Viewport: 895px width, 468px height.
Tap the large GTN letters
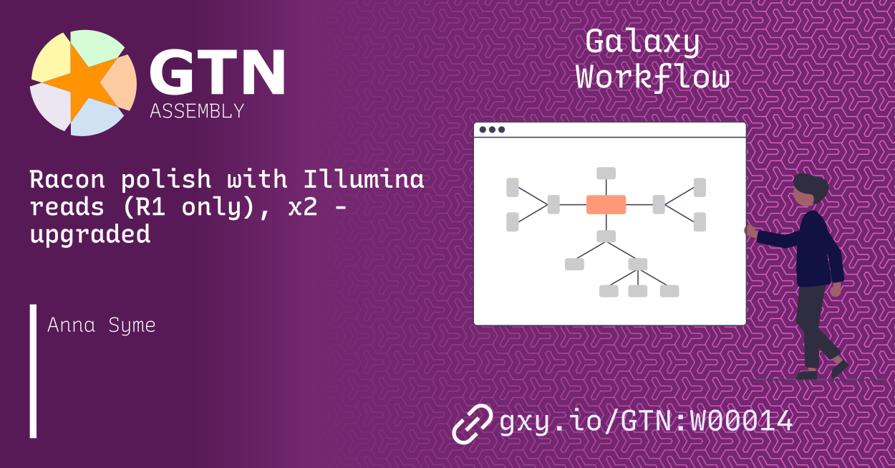click(217, 72)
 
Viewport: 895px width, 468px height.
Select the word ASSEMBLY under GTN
click(197, 111)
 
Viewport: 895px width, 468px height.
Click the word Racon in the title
click(67, 179)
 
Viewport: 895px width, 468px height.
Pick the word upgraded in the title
click(90, 234)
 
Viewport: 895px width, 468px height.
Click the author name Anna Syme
click(102, 325)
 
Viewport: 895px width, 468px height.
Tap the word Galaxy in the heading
click(642, 43)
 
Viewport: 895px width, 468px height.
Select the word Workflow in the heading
click(653, 77)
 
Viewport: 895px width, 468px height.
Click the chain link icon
click(472, 424)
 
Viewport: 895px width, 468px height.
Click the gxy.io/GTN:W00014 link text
click(646, 421)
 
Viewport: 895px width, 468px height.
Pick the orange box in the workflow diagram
click(606, 204)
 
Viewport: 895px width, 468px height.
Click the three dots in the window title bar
click(492, 130)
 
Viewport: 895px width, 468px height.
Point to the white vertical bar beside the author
click(33, 371)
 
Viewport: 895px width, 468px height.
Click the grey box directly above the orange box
click(606, 173)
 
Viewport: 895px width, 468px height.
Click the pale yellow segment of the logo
click(52, 59)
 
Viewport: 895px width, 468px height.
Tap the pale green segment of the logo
click(96, 47)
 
